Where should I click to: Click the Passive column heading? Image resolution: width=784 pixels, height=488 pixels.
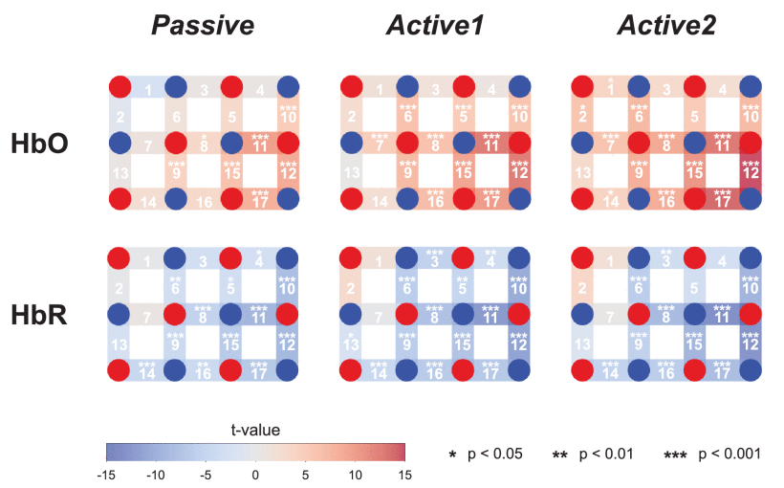coord(202,26)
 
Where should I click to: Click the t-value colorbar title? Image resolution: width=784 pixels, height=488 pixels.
coord(255,430)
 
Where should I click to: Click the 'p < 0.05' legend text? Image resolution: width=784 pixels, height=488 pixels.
coord(494,454)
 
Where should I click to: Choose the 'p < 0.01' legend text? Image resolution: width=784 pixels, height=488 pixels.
coord(605,454)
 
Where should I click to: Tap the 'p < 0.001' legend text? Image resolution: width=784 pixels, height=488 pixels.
coord(724,454)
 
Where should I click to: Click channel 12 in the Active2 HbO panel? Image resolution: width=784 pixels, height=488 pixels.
coord(751,173)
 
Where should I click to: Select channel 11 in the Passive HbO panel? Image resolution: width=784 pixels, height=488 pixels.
coord(259,146)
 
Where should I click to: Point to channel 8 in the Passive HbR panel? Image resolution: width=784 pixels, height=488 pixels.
coord(203,314)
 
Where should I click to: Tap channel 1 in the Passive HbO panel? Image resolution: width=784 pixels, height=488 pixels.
coord(148,90)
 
